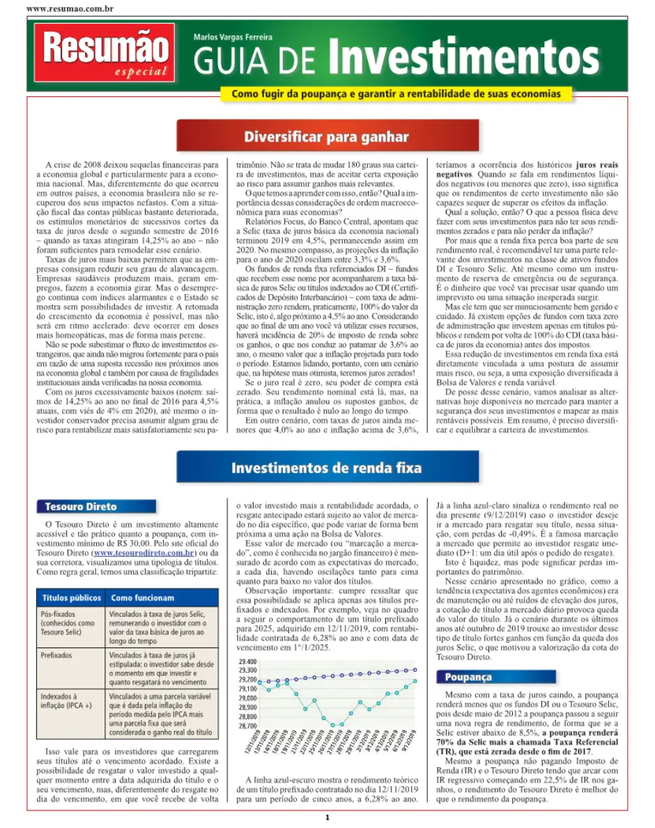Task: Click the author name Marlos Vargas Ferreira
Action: point(233,36)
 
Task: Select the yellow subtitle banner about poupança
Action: point(396,93)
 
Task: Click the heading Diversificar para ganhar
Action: point(326,136)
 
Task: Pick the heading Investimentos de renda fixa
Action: point(326,468)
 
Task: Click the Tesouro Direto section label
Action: point(81,507)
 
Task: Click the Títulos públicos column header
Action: point(71,598)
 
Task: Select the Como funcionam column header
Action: point(143,598)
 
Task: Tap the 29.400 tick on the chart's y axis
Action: point(247,662)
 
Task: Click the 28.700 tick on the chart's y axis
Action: point(247,726)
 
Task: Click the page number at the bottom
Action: point(326,817)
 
